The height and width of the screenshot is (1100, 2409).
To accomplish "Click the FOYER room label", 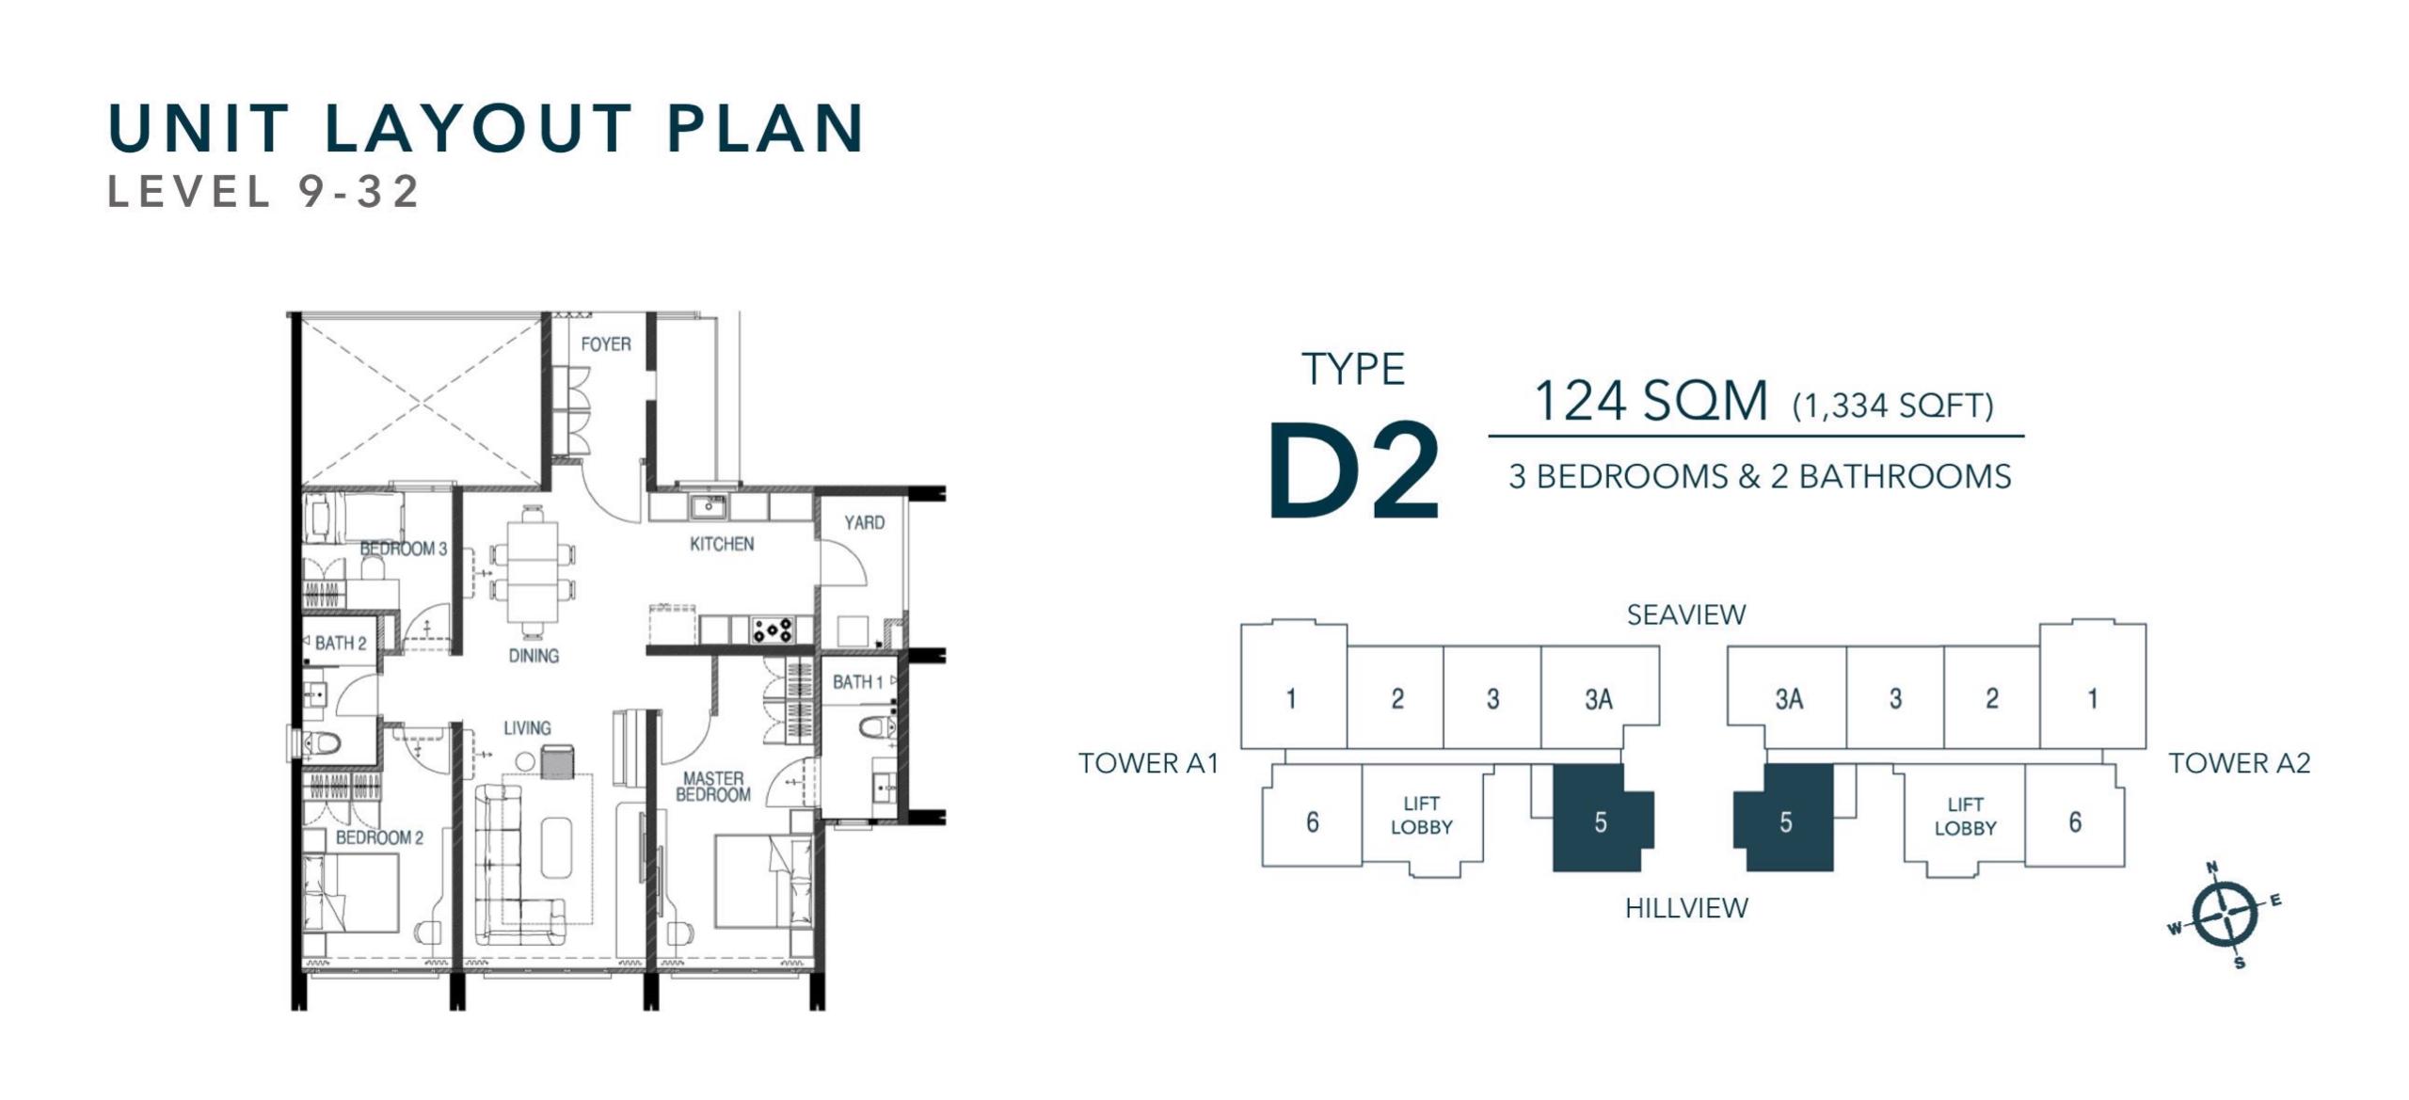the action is [x=605, y=344].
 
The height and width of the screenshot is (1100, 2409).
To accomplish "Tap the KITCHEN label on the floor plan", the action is [x=722, y=544].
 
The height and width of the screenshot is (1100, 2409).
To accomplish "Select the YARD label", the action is [x=864, y=522].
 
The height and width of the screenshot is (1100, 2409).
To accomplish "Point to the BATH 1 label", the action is [x=857, y=681].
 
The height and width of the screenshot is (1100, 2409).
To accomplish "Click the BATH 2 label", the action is [x=340, y=644].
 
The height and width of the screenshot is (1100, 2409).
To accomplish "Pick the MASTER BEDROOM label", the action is [x=713, y=787].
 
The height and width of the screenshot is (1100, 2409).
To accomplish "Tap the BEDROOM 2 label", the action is [x=379, y=837].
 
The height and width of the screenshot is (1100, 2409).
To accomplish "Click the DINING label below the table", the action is [x=534, y=656].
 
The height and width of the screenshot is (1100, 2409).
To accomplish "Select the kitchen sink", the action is [x=706, y=507].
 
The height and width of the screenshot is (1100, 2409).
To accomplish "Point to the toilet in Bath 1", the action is [x=879, y=727].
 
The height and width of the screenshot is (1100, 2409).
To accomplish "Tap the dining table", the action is [x=533, y=569].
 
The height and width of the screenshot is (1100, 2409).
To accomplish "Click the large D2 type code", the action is [x=1353, y=471].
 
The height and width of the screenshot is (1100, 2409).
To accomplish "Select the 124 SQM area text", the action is [x=1651, y=401].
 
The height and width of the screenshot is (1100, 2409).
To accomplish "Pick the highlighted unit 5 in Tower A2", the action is [x=1784, y=819].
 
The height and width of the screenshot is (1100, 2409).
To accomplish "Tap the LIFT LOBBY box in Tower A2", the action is [x=1965, y=817].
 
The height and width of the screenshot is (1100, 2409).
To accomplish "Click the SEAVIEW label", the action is [x=1686, y=615].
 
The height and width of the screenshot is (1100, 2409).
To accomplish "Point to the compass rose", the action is [x=2224, y=914].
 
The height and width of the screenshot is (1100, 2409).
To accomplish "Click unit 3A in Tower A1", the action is [x=1599, y=699].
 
